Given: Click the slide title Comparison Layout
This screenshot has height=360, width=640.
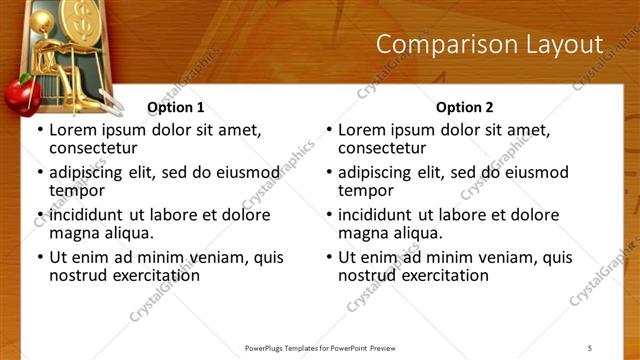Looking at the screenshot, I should click(x=489, y=45).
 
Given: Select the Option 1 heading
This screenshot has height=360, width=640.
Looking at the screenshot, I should click(x=175, y=107).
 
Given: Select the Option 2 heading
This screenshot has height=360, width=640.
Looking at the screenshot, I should click(x=464, y=107).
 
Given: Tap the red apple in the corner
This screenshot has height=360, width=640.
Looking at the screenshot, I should click(x=19, y=98).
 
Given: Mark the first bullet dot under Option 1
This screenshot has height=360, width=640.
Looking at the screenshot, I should click(x=40, y=131).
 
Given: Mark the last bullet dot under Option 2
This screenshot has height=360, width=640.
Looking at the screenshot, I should click(x=329, y=257).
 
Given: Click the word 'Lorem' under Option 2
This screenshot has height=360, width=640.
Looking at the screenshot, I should click(x=361, y=130).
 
